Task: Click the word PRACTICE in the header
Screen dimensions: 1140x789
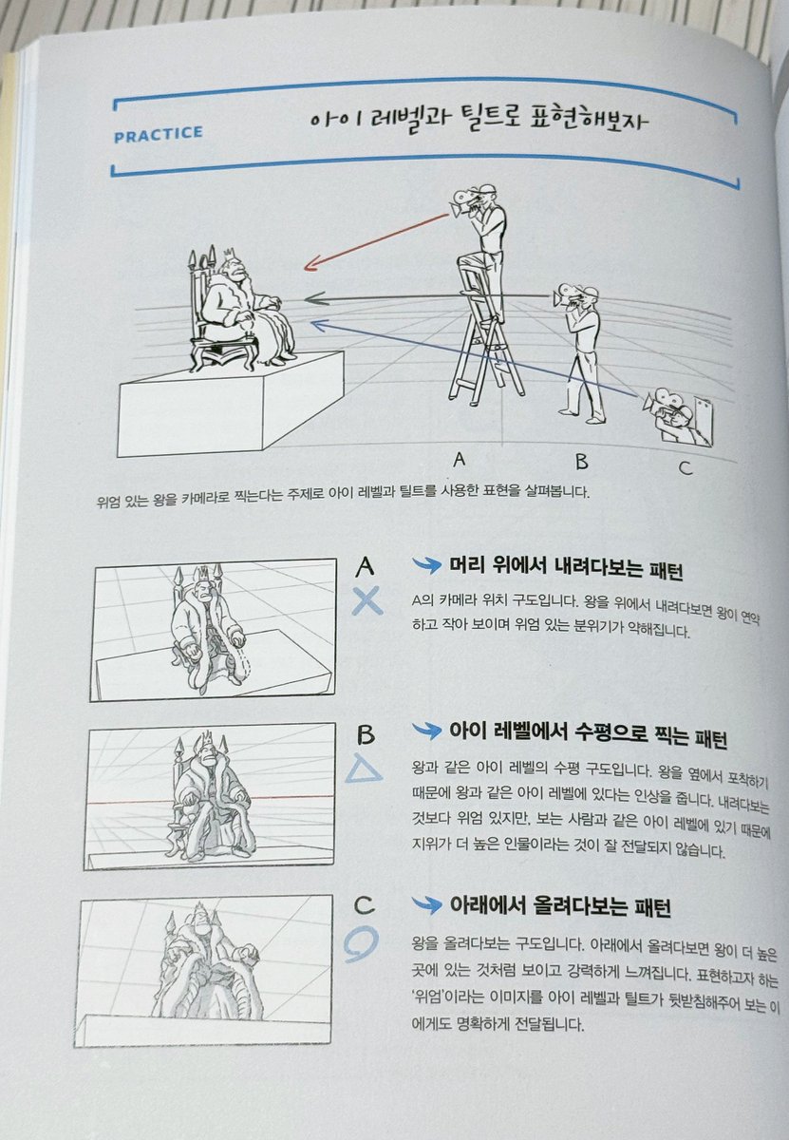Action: click(x=158, y=133)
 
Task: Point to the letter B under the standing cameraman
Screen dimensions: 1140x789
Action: click(x=581, y=462)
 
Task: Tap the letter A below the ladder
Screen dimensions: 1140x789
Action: click(x=460, y=460)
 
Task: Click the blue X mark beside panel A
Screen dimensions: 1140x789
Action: click(x=366, y=600)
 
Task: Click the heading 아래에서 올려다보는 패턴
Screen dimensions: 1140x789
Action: click(x=560, y=907)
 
